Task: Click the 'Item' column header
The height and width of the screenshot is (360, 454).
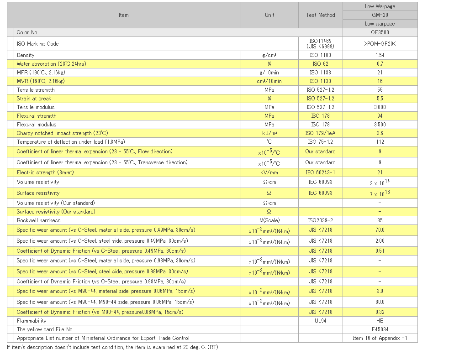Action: pyautogui.click(x=123, y=15)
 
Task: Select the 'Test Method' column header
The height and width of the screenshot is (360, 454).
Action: pyautogui.click(x=320, y=15)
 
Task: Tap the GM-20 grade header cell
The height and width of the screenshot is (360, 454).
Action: pyautogui.click(x=380, y=15)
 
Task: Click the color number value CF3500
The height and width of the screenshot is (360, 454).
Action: pyautogui.click(x=380, y=32)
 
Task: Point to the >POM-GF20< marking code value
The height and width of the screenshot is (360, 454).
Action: pyautogui.click(x=380, y=44)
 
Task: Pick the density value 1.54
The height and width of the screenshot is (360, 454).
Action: pyautogui.click(x=380, y=55)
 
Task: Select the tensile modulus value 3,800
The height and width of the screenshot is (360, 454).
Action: pyautogui.click(x=380, y=107)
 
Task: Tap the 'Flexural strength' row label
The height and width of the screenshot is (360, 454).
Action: pyautogui.click(x=37, y=116)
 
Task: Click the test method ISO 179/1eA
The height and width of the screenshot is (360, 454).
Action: pyautogui.click(x=320, y=133)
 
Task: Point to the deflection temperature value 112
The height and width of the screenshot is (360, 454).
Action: pyautogui.click(x=380, y=142)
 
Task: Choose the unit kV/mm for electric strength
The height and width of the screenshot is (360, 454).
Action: pyautogui.click(x=269, y=172)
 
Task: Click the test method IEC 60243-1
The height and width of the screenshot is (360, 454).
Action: pyautogui.click(x=320, y=172)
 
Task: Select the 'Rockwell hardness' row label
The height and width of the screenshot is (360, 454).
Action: pyautogui.click(x=38, y=220)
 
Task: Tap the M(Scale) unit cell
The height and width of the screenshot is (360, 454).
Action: pyautogui.click(x=269, y=220)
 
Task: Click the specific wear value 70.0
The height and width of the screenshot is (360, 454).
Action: pyautogui.click(x=380, y=230)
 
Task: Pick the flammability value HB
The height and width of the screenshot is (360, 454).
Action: pyautogui.click(x=380, y=321)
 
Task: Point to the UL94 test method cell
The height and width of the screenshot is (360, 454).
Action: pyautogui.click(x=320, y=321)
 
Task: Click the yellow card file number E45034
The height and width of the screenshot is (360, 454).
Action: pyautogui.click(x=380, y=329)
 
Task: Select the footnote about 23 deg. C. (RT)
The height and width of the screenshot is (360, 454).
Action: pyautogui.click(x=112, y=347)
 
